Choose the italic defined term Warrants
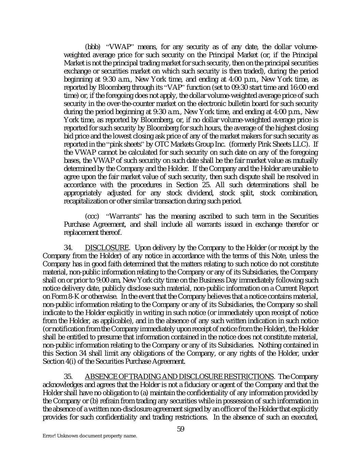click(124, 216)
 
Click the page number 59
click(181, 429)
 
